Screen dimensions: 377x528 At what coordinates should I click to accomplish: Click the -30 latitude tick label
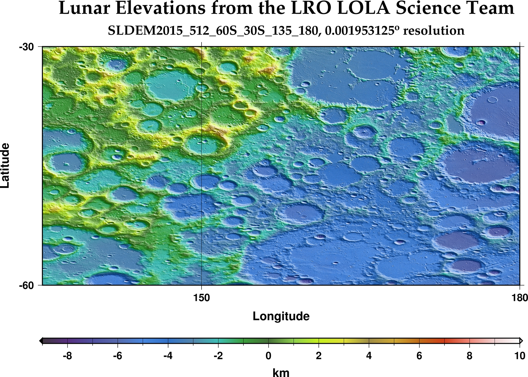point(27,47)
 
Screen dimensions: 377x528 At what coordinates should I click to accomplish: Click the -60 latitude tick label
point(27,286)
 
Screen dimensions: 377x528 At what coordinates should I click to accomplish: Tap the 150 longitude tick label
point(202,298)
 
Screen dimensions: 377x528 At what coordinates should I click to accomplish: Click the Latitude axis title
point(5,166)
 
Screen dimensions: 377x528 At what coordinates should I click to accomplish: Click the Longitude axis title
point(281,316)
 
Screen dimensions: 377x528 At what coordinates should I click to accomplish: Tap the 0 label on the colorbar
point(268,356)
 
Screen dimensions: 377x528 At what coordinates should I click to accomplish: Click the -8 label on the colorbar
point(67,356)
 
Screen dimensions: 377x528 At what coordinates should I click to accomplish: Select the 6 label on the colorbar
point(419,356)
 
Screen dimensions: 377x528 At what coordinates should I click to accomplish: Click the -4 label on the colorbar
point(168,356)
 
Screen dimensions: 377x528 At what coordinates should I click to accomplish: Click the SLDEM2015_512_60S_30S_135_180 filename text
point(212,31)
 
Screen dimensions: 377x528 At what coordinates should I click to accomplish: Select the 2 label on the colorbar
point(318,356)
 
